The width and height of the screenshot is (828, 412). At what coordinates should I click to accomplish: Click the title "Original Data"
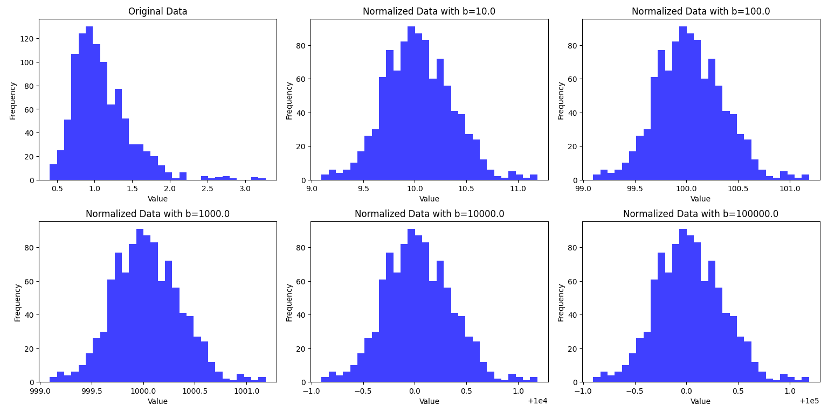pyautogui.click(x=157, y=11)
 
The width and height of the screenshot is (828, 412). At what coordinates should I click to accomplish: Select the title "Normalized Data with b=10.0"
pyautogui.click(x=429, y=11)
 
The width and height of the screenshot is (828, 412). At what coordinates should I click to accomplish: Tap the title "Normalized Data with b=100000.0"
pyautogui.click(x=701, y=214)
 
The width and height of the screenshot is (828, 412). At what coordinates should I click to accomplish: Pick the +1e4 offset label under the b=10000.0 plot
pyautogui.click(x=539, y=401)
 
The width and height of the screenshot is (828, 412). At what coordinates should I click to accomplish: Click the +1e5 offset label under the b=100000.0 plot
pyautogui.click(x=810, y=401)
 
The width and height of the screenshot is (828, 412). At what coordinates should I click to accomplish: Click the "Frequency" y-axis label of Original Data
pyautogui.click(x=13, y=100)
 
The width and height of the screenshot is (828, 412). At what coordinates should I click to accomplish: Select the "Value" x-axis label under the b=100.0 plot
pyautogui.click(x=701, y=199)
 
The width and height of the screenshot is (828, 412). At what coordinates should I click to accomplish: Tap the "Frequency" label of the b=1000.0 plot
pyautogui.click(x=17, y=302)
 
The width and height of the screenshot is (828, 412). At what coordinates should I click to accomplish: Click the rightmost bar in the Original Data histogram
pyautogui.click(x=262, y=179)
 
